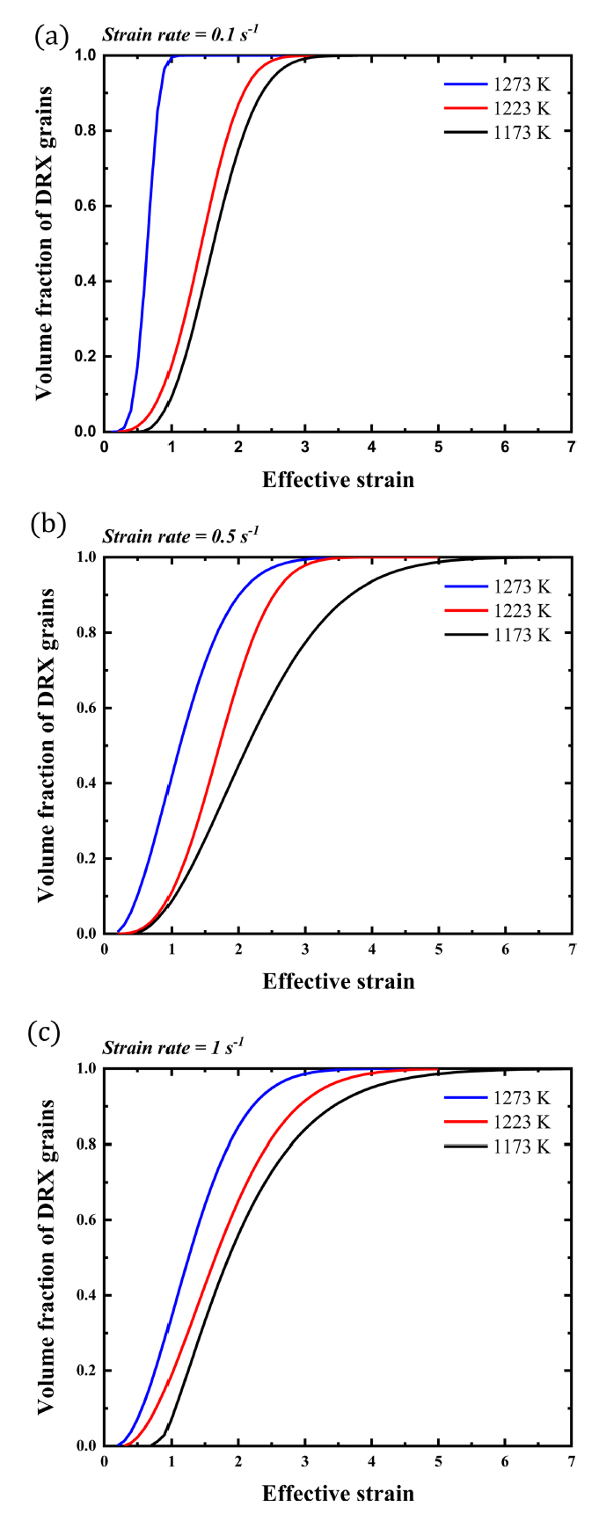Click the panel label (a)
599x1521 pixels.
[x=49, y=36]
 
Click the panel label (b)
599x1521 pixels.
[x=47, y=525]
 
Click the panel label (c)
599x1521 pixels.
[x=45, y=1033]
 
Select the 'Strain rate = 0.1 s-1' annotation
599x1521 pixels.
[x=180, y=35]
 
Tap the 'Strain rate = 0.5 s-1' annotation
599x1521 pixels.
[x=180, y=535]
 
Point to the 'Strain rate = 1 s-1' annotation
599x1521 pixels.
[x=173, y=1047]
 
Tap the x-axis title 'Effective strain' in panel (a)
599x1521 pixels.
[x=338, y=480]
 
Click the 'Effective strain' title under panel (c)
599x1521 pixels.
[x=338, y=1493]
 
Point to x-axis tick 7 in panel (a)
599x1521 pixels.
[x=572, y=448]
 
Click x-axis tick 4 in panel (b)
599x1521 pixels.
[x=372, y=950]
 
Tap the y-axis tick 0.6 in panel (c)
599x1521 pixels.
[x=84, y=1220]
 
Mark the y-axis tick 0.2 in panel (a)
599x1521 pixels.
[x=84, y=357]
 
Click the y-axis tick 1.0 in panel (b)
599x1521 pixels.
[x=84, y=557]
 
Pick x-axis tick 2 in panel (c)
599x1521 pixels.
[x=238, y=1461]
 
